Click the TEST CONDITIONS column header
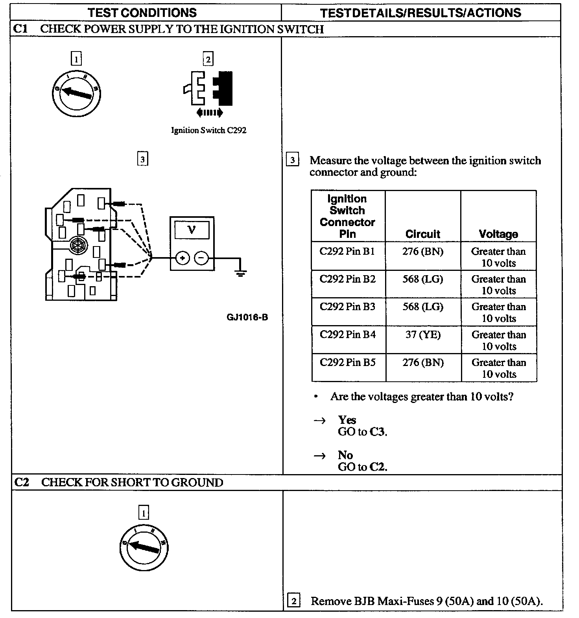tap(142, 13)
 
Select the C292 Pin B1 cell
tap(347, 252)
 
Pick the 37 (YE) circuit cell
tap(423, 335)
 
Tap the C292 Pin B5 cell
tap(347, 362)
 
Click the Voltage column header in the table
tap(498, 234)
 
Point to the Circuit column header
tap(423, 234)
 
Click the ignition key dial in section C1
tap(77, 93)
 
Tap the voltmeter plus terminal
tap(182, 258)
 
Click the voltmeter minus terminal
tap(201, 258)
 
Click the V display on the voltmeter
tap(192, 229)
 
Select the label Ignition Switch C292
tap(208, 131)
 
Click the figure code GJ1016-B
tap(247, 317)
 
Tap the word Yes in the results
tap(347, 420)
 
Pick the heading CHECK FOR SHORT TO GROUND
tap(132, 482)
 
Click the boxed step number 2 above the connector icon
tap(208, 59)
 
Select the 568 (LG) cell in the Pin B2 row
tap(423, 280)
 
